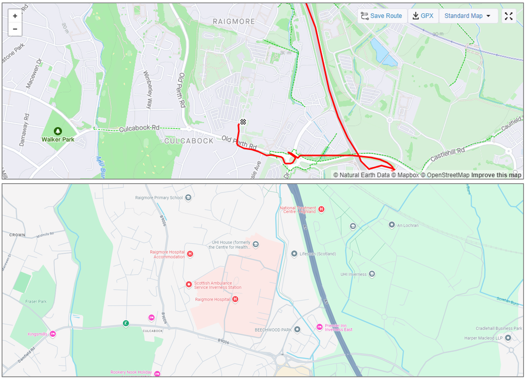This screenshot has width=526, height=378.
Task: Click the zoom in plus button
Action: pos(15,16)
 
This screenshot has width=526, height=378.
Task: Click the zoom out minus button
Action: pos(15,29)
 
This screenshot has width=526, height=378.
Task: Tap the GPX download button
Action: pos(423,16)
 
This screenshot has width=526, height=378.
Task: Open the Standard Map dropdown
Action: pos(468,16)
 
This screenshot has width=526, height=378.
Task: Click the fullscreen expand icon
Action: pos(509,16)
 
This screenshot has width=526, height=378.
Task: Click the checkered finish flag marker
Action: pos(243,121)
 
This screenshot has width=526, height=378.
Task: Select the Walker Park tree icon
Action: pos(58,131)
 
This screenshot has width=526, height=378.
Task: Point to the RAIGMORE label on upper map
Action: pos(234,21)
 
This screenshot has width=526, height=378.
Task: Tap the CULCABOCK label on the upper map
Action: pos(189,141)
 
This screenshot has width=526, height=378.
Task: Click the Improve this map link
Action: pos(496,175)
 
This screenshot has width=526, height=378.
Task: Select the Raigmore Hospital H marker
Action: pos(235,299)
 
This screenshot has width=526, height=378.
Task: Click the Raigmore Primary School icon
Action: pos(188,198)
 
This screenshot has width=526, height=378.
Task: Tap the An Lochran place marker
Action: pos(392,224)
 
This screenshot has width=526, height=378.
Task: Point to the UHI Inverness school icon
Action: pos(372,274)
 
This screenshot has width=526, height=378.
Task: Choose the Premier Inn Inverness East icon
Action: pos(320,327)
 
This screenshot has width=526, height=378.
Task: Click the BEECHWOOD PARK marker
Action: pos(297,329)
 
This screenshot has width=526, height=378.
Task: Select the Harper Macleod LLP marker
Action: pos(508,338)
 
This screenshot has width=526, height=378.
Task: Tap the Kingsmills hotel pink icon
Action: pos(53,334)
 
